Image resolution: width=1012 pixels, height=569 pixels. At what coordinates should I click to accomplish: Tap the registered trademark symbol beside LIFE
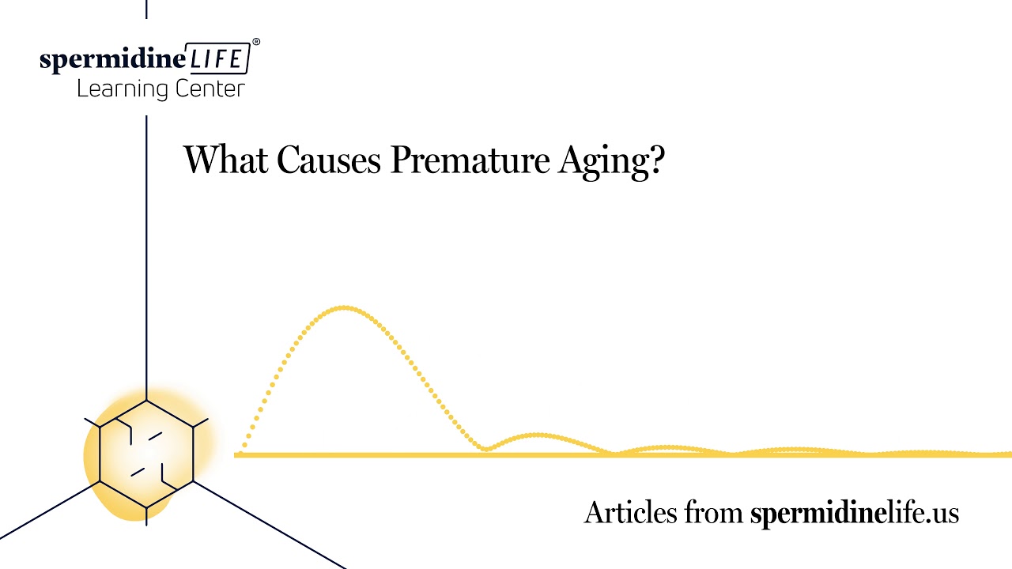pyautogui.click(x=255, y=41)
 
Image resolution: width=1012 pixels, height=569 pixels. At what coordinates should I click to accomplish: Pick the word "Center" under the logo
pyautogui.click(x=209, y=89)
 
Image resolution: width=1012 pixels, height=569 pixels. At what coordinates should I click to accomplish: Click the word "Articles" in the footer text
pyautogui.click(x=630, y=513)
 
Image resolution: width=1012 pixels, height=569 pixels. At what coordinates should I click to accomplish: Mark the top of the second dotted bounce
pyautogui.click(x=538, y=434)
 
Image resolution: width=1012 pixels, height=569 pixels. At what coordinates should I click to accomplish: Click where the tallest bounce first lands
pyautogui.click(x=486, y=450)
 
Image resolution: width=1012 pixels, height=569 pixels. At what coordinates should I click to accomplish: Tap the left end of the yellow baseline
pyautogui.click(x=236, y=455)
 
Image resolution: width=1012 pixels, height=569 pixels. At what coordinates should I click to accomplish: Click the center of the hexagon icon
pyautogui.click(x=146, y=454)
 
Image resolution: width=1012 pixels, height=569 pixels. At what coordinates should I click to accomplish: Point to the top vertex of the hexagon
pyautogui.click(x=146, y=400)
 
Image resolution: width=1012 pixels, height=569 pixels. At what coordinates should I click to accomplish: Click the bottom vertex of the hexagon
pyautogui.click(x=146, y=508)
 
